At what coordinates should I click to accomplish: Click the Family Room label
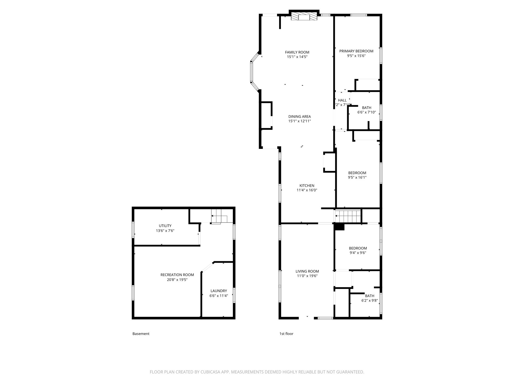[x=297, y=52]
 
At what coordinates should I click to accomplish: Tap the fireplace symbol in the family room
[x=304, y=17]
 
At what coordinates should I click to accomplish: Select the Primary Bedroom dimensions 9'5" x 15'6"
[x=356, y=56]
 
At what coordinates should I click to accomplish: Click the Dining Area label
[x=299, y=116]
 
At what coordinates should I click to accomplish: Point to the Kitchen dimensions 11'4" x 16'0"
[x=307, y=190]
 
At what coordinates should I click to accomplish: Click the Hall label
[x=342, y=100]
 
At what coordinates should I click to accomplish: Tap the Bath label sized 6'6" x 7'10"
[x=366, y=108]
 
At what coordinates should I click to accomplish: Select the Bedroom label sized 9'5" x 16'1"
[x=357, y=173]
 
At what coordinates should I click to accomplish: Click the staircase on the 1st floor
[x=348, y=215]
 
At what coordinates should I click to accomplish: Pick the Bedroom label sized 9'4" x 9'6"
[x=358, y=248]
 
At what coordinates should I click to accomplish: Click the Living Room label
[x=307, y=271]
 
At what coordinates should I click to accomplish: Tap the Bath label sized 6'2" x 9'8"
[x=369, y=296]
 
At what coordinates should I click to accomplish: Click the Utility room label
[x=165, y=226]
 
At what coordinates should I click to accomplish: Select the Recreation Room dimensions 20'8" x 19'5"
[x=177, y=279]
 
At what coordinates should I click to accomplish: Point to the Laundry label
[x=218, y=291]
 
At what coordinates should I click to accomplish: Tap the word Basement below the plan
[x=141, y=334]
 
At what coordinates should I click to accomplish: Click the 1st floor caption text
[x=286, y=334]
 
